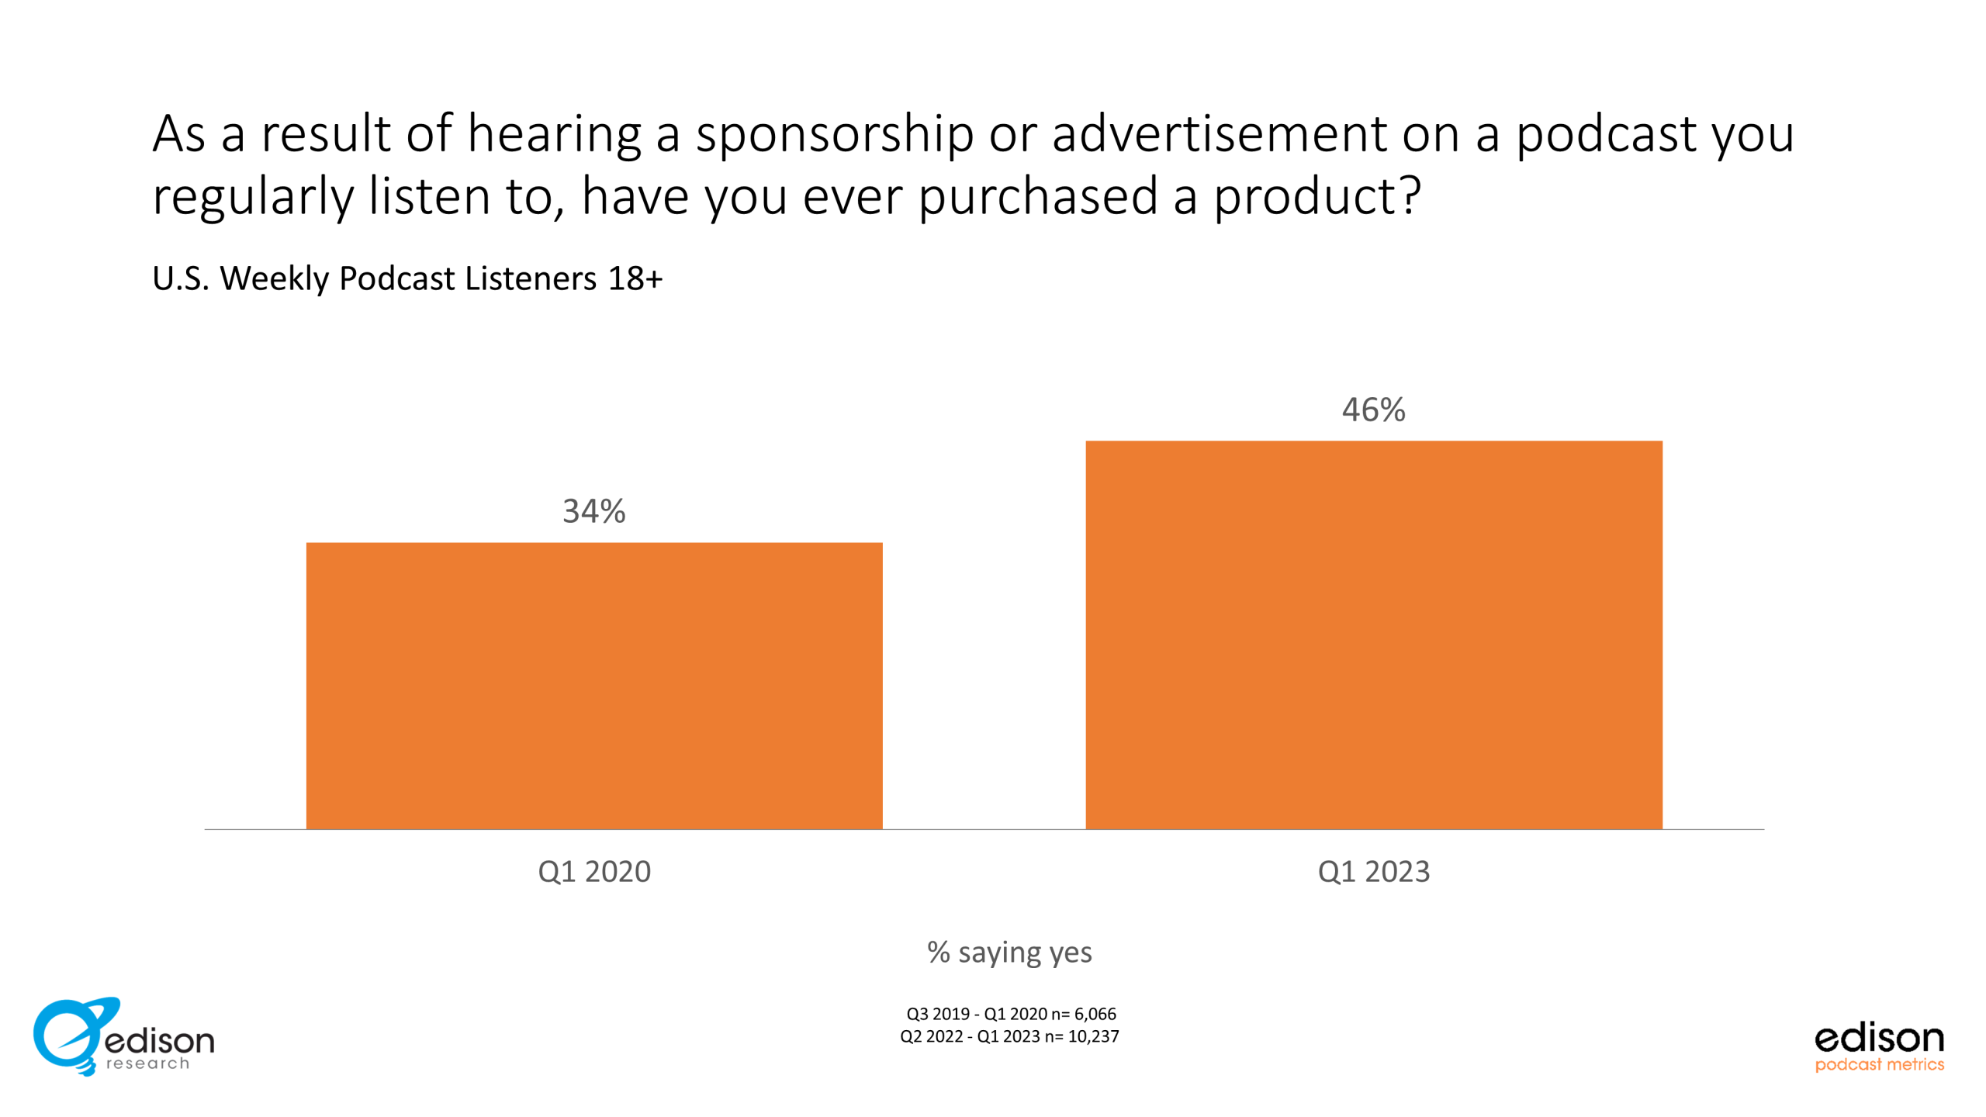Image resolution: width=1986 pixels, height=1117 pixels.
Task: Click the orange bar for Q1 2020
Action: click(x=594, y=686)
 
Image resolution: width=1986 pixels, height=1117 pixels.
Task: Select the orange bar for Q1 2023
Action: click(x=1374, y=635)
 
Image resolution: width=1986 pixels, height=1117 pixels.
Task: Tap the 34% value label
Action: click(x=594, y=511)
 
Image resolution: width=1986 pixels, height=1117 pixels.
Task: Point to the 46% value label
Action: click(x=1374, y=410)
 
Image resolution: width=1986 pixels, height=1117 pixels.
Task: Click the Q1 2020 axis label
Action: click(x=594, y=871)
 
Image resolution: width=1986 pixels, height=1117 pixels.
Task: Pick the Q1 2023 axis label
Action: click(x=1374, y=871)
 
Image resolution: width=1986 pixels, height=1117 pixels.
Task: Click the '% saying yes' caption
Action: click(x=1009, y=953)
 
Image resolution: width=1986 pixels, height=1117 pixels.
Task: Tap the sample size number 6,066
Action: click(x=1095, y=1014)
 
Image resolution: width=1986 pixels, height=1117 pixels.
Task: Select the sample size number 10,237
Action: click(x=1094, y=1036)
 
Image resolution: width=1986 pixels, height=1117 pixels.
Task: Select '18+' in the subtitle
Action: click(x=635, y=278)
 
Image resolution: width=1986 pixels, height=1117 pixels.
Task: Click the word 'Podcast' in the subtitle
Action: click(x=397, y=278)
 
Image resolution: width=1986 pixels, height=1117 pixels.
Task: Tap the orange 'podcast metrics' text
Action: click(x=1880, y=1064)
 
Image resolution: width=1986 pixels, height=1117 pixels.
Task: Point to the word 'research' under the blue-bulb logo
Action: click(x=147, y=1063)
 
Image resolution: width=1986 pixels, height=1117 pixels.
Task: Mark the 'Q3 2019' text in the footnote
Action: click(x=938, y=1014)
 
